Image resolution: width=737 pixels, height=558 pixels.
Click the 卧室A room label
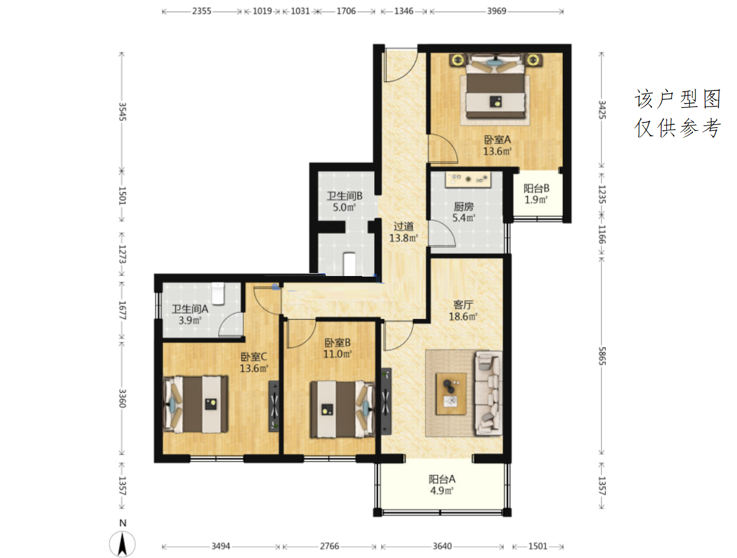pyautogui.click(x=497, y=139)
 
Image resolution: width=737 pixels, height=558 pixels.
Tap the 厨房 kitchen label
pyautogui.click(x=463, y=206)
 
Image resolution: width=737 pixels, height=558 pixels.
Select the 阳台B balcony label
pyautogui.click(x=536, y=189)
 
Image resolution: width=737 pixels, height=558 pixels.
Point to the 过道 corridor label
pyautogui.click(x=403, y=227)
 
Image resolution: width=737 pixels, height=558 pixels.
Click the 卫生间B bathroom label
pyautogui.click(x=344, y=196)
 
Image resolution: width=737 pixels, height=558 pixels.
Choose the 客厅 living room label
pyautogui.click(x=463, y=305)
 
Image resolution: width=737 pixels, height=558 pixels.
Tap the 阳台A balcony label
pyautogui.click(x=442, y=479)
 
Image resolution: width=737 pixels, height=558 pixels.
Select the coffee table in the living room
pyautogui.click(x=451, y=393)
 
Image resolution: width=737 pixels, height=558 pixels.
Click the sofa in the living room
pyautogui.click(x=488, y=393)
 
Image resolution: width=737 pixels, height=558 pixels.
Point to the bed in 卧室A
pyautogui.click(x=495, y=87)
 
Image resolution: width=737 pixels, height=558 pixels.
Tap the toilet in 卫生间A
pyautogui.click(x=218, y=293)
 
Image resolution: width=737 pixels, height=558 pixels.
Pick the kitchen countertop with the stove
pyautogui.click(x=468, y=179)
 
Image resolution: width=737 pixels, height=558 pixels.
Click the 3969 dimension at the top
pyautogui.click(x=497, y=11)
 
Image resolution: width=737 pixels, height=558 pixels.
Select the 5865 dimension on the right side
pyautogui.click(x=602, y=356)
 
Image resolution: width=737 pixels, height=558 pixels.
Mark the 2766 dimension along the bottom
pyautogui.click(x=329, y=546)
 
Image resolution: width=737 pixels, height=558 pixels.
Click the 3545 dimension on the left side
pyautogui.click(x=122, y=112)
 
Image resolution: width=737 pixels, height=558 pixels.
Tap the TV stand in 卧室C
pyautogui.click(x=274, y=406)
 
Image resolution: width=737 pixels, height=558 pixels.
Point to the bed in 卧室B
pyautogui.click(x=343, y=409)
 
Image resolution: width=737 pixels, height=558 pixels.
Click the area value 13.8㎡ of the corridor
pyautogui.click(x=403, y=238)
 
